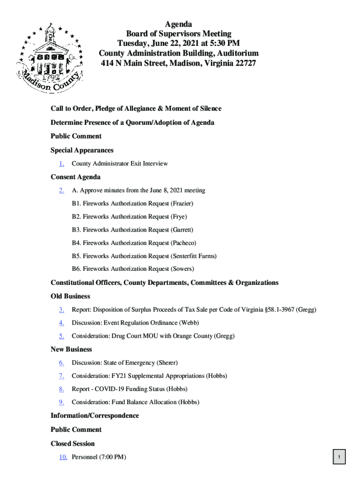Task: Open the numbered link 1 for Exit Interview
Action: (x=62, y=164)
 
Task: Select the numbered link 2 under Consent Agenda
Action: (x=62, y=190)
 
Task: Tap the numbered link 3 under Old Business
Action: (x=62, y=310)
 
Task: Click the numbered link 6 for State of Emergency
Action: (x=62, y=363)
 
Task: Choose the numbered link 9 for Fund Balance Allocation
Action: (x=62, y=402)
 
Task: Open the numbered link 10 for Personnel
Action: (x=63, y=457)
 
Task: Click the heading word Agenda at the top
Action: (x=178, y=24)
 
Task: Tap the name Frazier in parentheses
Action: (x=182, y=203)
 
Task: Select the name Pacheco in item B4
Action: (x=183, y=243)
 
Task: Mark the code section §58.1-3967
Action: (x=274, y=310)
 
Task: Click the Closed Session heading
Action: (x=72, y=443)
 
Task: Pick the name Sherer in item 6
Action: (x=167, y=363)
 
